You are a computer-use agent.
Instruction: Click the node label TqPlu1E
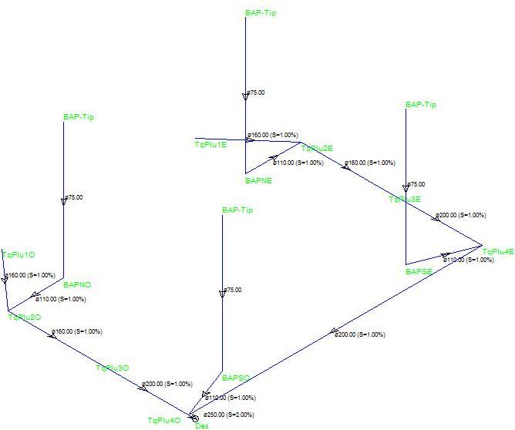point(210,145)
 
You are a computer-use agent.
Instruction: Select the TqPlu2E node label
point(317,149)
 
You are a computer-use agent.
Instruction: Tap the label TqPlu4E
point(497,251)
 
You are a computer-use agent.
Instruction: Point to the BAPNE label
point(258,181)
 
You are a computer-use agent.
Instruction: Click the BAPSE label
point(420,271)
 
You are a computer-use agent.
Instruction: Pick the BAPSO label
point(236,378)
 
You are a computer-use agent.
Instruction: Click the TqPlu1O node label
point(19,255)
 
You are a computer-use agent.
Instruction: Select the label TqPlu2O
point(24,317)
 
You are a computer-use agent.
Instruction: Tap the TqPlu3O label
point(112,368)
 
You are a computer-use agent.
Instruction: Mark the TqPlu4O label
point(164,420)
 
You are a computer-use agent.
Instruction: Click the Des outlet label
point(202,426)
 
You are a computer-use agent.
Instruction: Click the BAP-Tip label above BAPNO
point(79,117)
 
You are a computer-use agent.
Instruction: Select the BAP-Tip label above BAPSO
point(237,210)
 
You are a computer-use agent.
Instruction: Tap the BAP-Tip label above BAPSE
point(421,104)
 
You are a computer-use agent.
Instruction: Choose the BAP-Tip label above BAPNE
point(261,13)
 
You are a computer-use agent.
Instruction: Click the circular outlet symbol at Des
point(194,418)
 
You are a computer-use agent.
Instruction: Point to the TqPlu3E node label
point(405,200)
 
